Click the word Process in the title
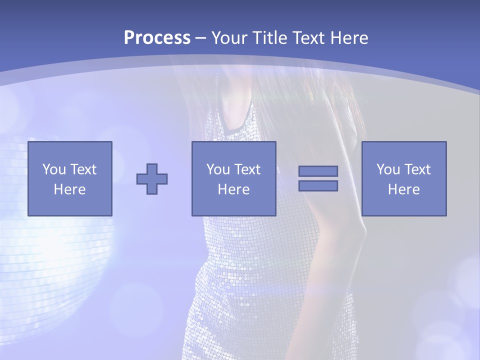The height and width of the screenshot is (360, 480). [157, 37]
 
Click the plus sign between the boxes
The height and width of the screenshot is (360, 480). [152, 179]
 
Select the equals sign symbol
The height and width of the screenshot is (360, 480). [318, 178]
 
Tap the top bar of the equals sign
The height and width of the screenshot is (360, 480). [318, 171]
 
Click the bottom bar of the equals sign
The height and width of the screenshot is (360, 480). [318, 185]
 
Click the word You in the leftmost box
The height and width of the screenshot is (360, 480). [54, 169]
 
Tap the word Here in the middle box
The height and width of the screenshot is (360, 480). [233, 189]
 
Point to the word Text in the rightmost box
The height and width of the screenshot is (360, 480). [417, 169]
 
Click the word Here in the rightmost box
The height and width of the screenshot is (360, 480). [403, 189]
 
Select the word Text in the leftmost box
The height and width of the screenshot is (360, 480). [83, 169]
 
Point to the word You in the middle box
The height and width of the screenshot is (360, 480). [218, 169]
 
